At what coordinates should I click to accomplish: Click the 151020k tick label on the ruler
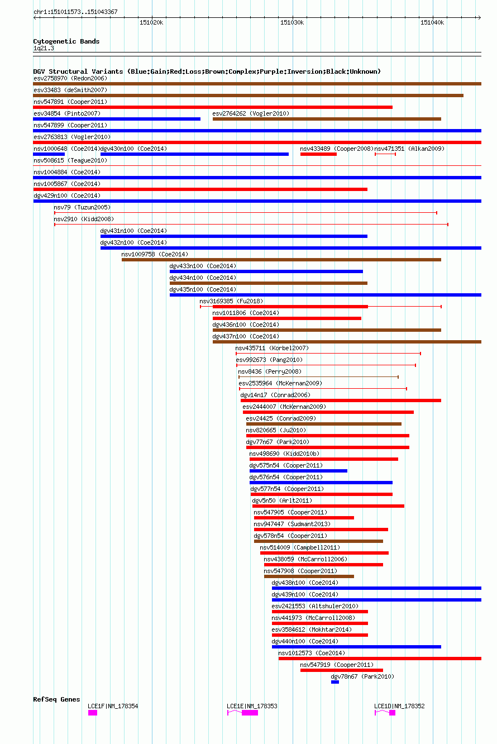click(151, 22)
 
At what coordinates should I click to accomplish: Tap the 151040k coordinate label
click(432, 22)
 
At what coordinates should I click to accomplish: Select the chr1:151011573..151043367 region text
click(75, 12)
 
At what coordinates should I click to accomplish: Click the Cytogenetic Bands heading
click(66, 41)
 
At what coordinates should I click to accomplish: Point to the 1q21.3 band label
click(44, 48)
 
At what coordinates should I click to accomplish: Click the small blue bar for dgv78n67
click(335, 682)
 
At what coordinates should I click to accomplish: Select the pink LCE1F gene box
click(93, 713)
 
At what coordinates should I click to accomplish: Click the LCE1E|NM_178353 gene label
click(252, 706)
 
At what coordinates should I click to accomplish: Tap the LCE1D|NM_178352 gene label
click(399, 706)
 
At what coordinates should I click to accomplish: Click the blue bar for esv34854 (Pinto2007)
click(117, 119)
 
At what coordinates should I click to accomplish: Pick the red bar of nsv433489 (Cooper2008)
click(318, 154)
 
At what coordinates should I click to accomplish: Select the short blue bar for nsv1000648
click(49, 154)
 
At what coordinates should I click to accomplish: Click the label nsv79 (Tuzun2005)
click(82, 207)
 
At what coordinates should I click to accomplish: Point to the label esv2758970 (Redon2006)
click(70, 78)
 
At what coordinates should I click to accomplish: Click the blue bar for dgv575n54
click(298, 471)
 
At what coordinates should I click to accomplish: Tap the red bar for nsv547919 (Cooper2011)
click(342, 670)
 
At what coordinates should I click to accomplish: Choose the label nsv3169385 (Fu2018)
click(231, 301)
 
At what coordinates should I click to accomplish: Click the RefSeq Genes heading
click(56, 699)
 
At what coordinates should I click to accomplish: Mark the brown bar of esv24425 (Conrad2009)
click(324, 424)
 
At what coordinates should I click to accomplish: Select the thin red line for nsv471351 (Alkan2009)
click(385, 154)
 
